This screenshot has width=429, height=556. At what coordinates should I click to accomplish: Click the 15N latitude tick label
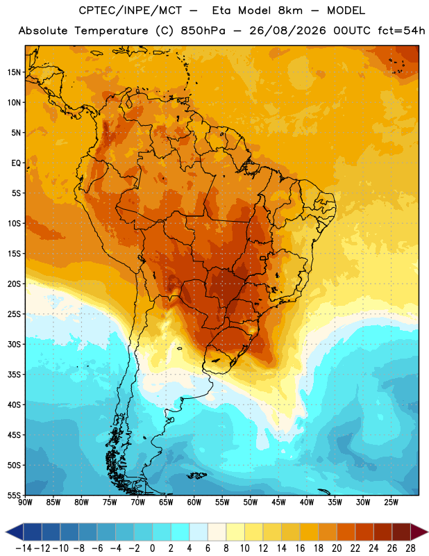(x=14, y=72)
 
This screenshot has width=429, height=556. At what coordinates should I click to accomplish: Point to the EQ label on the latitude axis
(x=16, y=163)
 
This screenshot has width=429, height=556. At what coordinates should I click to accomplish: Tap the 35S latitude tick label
(x=14, y=375)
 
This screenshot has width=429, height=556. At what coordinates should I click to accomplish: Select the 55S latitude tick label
(x=14, y=495)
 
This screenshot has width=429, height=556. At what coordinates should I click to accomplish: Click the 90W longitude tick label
(x=25, y=502)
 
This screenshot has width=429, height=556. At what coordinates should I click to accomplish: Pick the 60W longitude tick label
(x=194, y=502)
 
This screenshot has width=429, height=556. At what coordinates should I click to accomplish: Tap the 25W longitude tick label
(x=391, y=502)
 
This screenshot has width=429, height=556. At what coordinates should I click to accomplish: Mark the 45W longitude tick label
(x=278, y=502)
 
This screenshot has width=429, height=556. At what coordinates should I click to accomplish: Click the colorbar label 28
(x=410, y=548)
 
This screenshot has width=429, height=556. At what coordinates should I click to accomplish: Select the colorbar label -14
(x=24, y=548)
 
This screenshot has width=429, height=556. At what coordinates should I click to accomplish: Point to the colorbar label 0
(x=152, y=548)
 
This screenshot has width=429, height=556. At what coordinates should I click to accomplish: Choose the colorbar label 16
(x=300, y=548)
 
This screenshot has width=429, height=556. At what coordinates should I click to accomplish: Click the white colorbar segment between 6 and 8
(x=217, y=532)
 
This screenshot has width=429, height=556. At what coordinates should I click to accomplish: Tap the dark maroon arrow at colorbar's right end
(x=419, y=532)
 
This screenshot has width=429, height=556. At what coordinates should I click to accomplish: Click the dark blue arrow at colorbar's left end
(x=15, y=532)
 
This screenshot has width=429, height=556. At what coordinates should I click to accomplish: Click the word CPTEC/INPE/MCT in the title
(x=130, y=10)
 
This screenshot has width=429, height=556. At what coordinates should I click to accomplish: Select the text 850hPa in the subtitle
(x=203, y=31)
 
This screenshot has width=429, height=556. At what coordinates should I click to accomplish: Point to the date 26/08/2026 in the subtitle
(x=287, y=31)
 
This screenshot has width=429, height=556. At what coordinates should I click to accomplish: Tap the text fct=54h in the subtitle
(x=401, y=31)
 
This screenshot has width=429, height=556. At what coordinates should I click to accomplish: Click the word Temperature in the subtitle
(x=111, y=31)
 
